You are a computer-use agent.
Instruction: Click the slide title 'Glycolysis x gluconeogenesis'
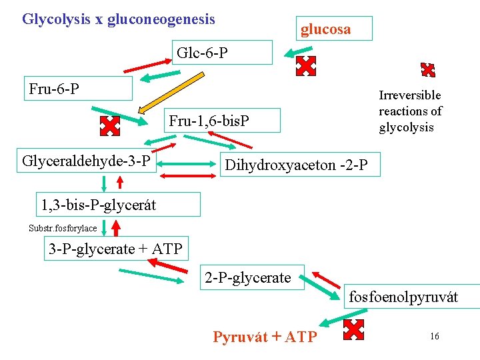[119, 19]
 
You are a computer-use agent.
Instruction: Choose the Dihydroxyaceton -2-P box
[300, 165]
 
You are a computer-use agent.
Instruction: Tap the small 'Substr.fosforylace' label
[63, 228]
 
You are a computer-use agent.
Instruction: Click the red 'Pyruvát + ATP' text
[265, 337]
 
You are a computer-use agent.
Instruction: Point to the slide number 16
[434, 336]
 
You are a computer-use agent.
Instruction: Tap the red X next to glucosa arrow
[305, 65]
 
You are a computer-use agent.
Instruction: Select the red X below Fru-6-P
[109, 126]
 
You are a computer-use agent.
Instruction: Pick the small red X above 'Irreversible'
[428, 70]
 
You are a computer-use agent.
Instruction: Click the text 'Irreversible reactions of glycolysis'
[410, 111]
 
